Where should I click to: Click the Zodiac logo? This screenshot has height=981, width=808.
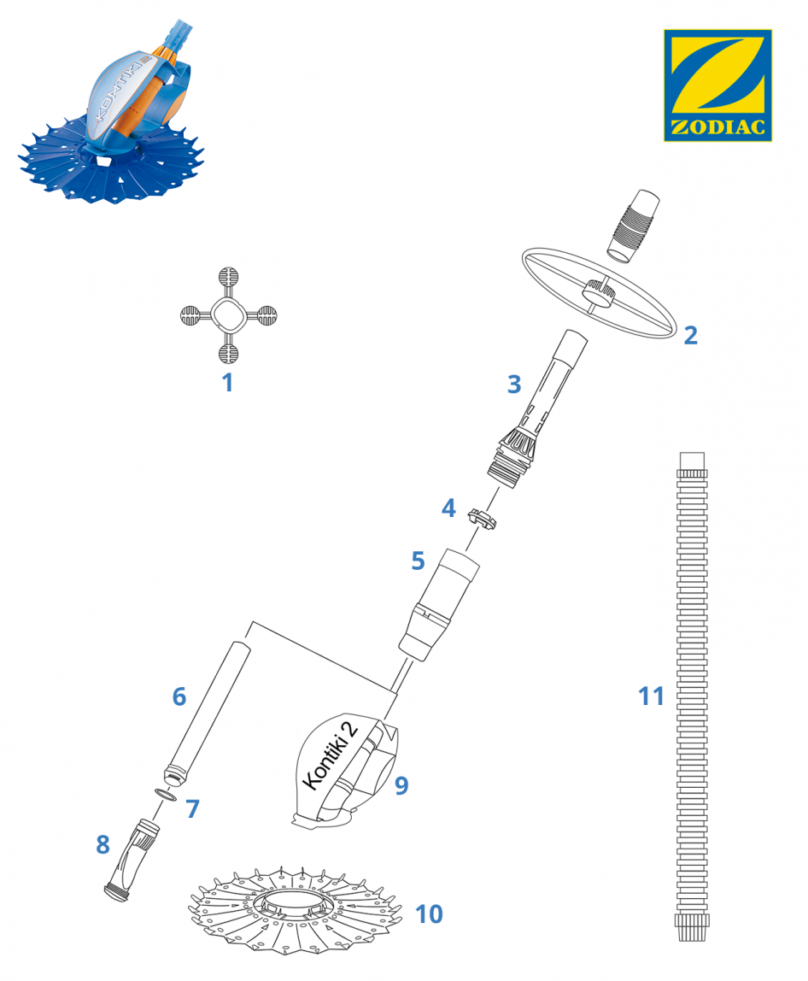point(717,85)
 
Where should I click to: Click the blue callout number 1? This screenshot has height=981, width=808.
point(228,382)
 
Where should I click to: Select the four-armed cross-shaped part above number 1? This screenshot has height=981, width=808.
point(228,315)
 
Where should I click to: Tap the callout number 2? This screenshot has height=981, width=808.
point(690,335)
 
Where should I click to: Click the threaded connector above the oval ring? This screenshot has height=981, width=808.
point(633,226)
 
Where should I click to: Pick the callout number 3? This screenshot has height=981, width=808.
point(514,385)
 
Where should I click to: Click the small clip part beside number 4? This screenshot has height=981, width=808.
point(481,519)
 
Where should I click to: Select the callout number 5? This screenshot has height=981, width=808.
point(418,561)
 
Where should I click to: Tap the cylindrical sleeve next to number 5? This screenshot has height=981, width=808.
point(439,604)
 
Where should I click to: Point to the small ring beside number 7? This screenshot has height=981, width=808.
point(166,796)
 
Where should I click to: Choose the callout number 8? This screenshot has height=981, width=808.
point(102,844)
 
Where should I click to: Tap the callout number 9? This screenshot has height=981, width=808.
point(401,785)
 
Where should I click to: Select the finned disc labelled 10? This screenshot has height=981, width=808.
point(296,909)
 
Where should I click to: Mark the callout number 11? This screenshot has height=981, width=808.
point(651,696)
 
